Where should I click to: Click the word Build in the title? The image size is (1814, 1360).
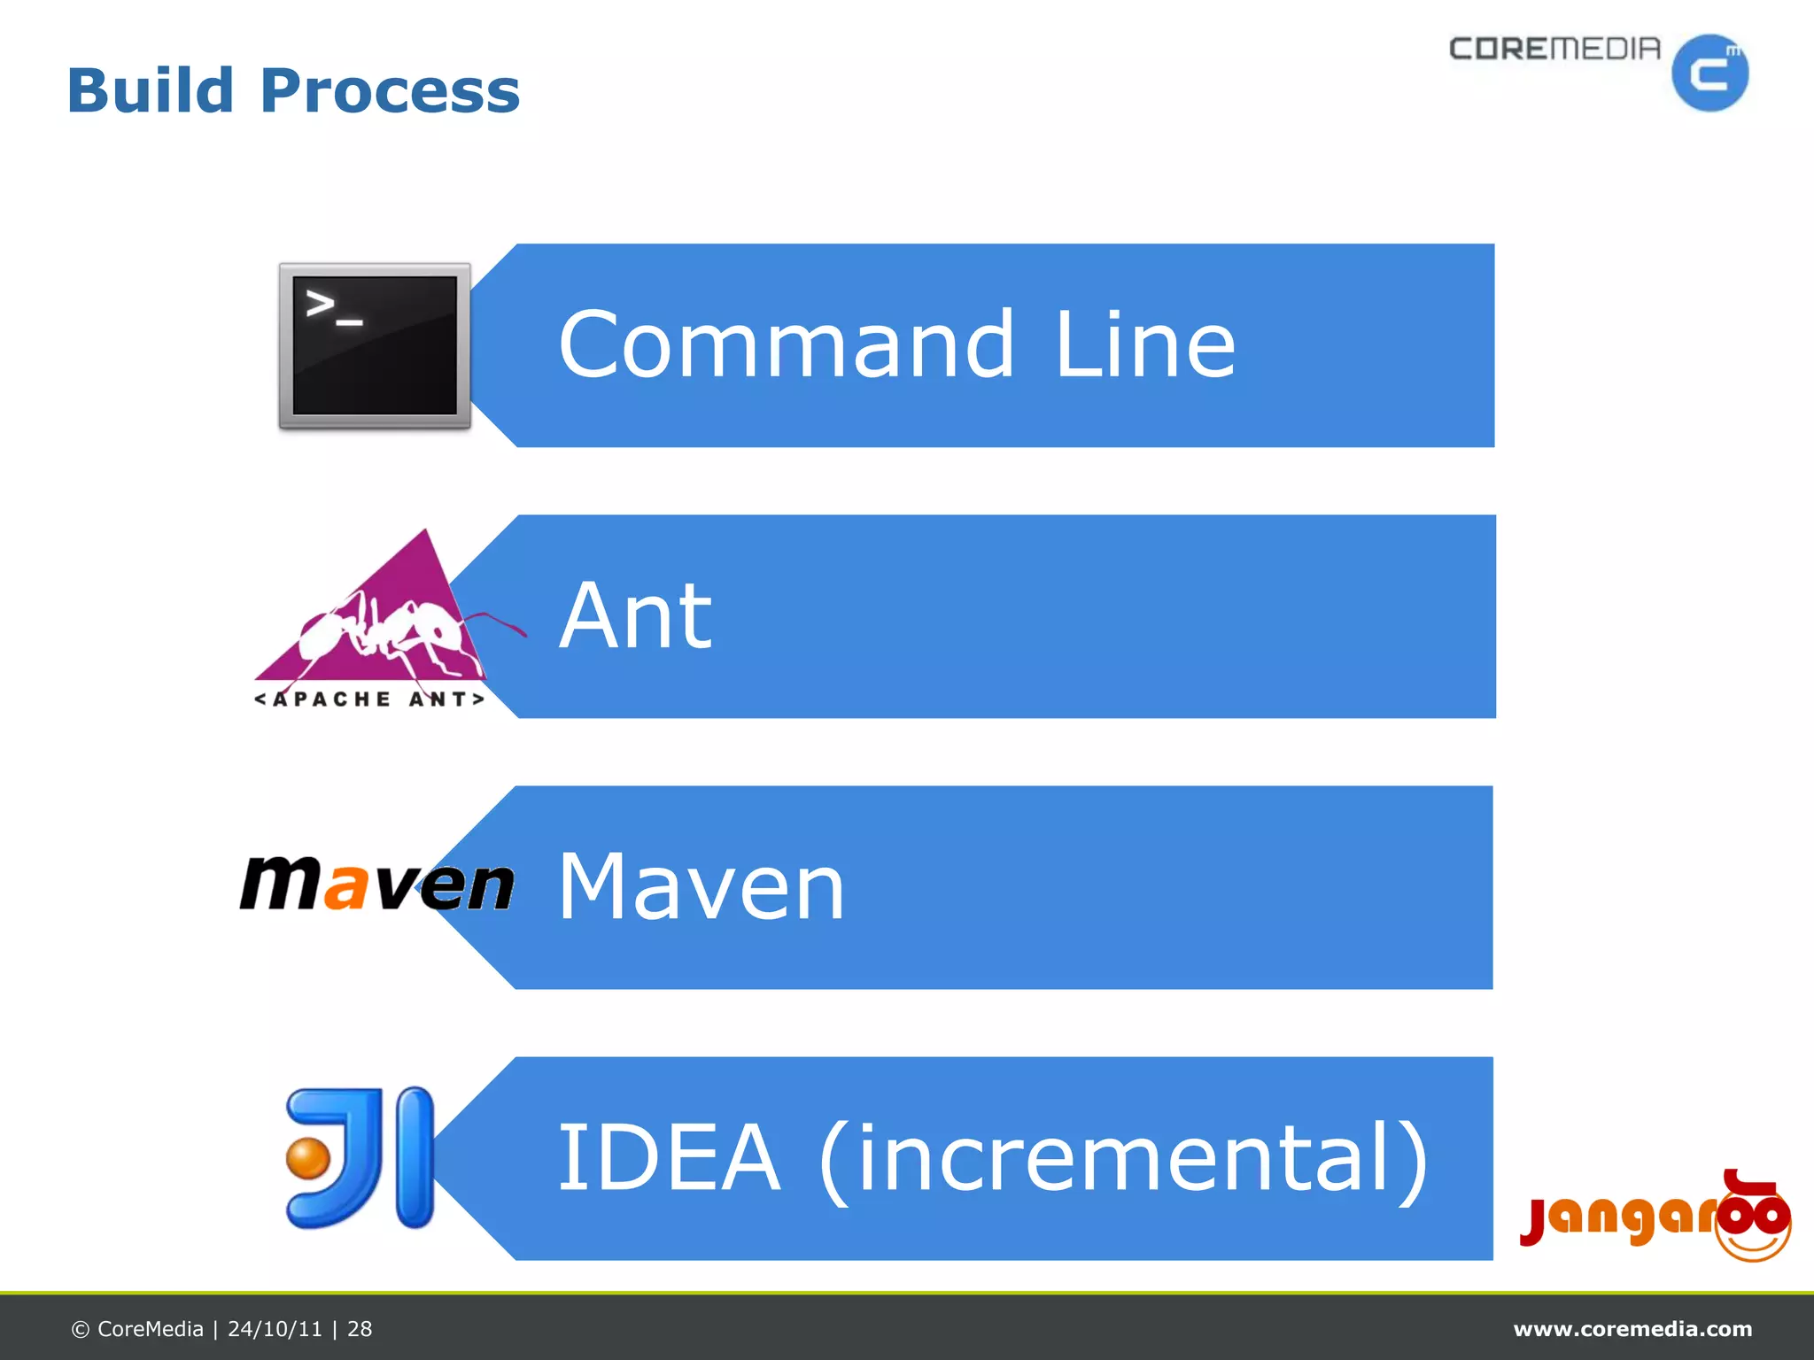pos(150,90)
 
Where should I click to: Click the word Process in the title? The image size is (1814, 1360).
pos(390,92)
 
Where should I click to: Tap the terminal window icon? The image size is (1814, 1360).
pos(375,345)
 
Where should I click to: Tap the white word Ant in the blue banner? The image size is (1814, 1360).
pos(635,616)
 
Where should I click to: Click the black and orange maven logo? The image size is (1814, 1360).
pos(376,884)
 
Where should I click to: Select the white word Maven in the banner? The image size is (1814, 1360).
pos(702,887)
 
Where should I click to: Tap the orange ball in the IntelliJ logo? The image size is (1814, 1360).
pos(307,1158)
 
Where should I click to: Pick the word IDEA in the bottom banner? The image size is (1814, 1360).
pos(669,1157)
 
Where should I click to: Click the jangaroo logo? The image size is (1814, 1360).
pos(1655,1217)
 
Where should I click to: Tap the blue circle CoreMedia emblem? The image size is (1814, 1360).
pos(1709,73)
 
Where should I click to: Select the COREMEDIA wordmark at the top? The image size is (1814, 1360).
pos(1554,49)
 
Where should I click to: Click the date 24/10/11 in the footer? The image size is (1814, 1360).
pos(275,1329)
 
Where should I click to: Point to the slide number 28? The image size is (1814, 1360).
pos(360,1329)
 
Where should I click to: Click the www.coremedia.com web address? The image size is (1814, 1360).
pos(1632,1329)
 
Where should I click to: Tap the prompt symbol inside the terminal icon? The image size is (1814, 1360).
pos(333,307)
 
